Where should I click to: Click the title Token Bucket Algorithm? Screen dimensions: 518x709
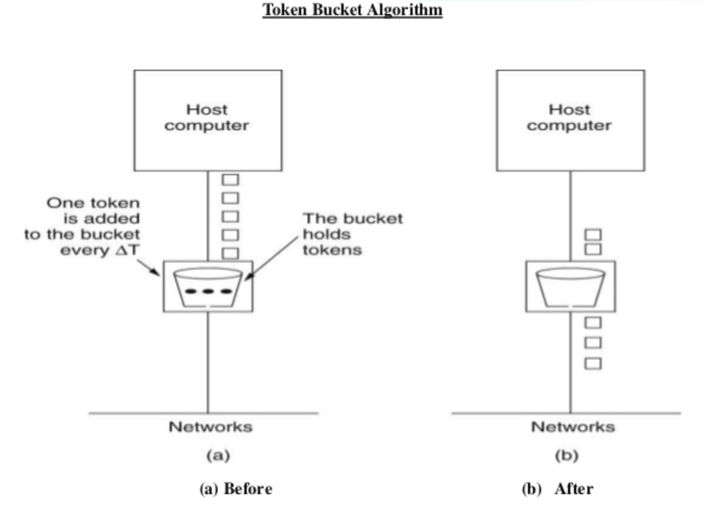point(352,11)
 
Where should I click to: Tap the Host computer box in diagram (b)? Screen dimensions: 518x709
point(569,119)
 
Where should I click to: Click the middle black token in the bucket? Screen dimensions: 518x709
point(207,292)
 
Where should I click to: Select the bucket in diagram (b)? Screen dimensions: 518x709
point(570,286)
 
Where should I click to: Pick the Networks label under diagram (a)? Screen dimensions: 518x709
point(210,427)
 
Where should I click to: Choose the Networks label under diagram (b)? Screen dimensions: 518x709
point(572,427)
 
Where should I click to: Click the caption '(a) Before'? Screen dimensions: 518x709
point(235,488)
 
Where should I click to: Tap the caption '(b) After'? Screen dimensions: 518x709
point(557,488)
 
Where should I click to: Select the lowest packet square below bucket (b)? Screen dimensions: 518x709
point(593,362)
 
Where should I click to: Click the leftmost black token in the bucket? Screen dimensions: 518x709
point(191,292)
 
